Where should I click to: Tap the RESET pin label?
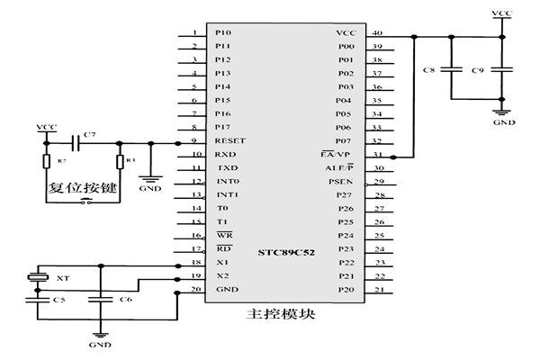[230, 141]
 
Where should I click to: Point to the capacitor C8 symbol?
[454, 68]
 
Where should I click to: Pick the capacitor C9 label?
[478, 69]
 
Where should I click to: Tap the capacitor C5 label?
[58, 300]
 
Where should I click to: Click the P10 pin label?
[223, 33]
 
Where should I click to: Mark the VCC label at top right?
[503, 13]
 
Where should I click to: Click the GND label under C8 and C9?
[503, 118]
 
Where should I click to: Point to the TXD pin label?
[227, 168]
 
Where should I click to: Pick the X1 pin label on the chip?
[221, 263]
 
